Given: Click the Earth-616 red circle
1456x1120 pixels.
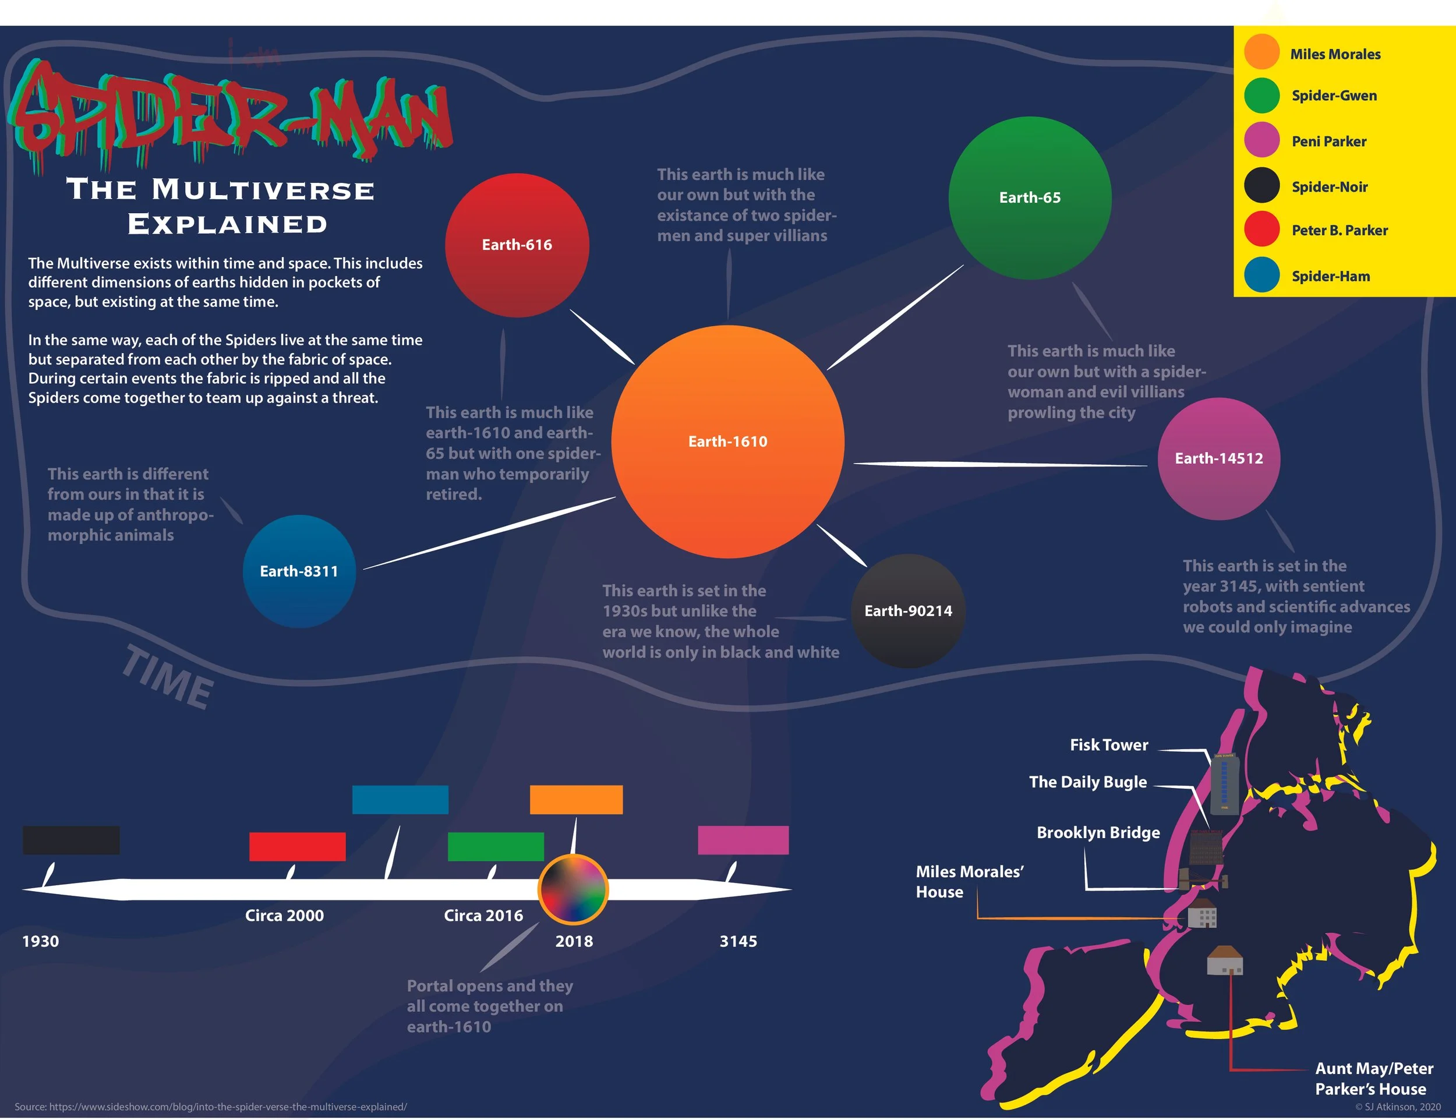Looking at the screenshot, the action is (517, 245).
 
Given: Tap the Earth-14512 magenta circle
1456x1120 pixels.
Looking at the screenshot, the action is (1218, 459).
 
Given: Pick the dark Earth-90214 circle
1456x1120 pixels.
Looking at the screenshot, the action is (908, 610).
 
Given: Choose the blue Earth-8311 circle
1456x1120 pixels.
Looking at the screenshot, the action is (299, 571).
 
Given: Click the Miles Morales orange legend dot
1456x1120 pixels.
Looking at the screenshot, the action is (1261, 52).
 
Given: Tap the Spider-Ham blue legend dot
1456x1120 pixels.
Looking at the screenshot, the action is (1261, 275).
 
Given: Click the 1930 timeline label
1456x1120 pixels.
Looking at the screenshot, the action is (41, 941).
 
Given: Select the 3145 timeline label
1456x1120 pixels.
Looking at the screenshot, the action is (738, 941).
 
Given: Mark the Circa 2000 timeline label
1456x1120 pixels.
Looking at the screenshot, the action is (284, 916).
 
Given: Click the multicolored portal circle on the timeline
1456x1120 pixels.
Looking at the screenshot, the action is (572, 889).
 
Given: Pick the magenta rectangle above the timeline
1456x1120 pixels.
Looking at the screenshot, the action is (743, 840).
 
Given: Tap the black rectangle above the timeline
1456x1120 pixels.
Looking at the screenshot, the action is (71, 840).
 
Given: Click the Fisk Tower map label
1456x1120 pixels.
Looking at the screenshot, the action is (1109, 745).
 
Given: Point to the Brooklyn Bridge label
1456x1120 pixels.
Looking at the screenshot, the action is (1098, 833).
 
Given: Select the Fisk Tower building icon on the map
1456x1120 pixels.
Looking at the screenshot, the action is (1225, 784).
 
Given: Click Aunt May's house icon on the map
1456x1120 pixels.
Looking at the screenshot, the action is (1225, 962).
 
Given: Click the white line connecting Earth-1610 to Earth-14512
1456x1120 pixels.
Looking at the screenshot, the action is (1000, 464).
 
